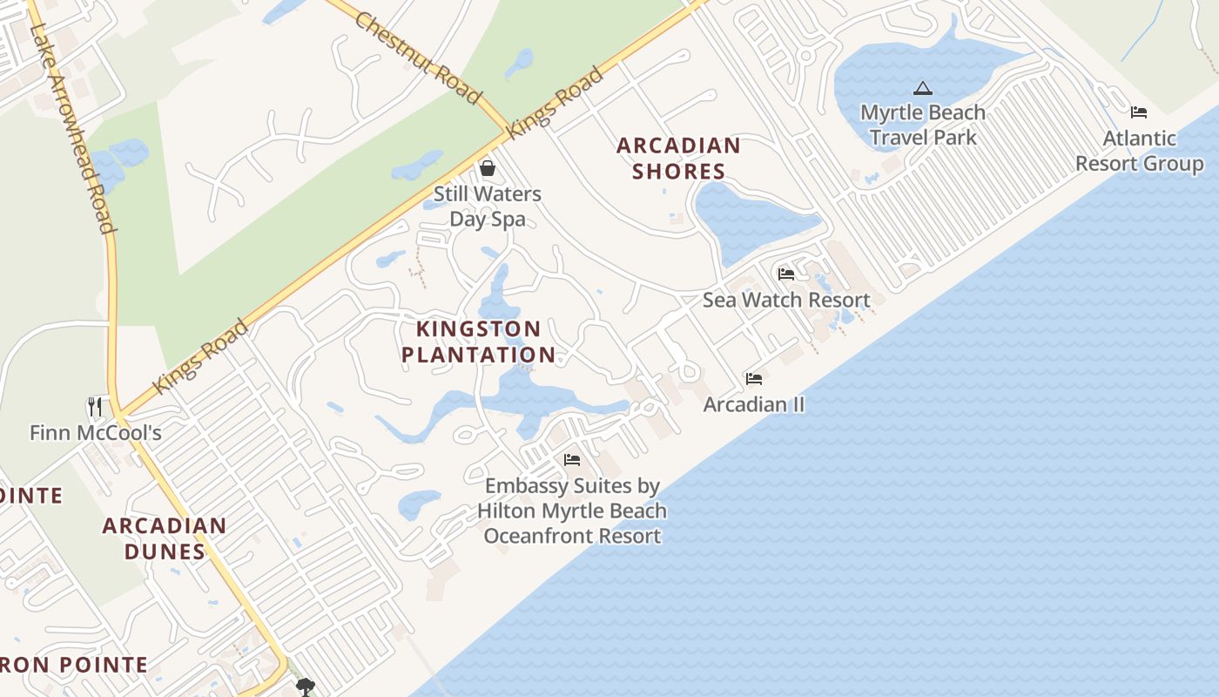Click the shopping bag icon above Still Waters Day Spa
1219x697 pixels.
(x=488, y=167)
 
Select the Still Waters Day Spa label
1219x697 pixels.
(x=488, y=206)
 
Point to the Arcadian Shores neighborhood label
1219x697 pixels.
(x=678, y=159)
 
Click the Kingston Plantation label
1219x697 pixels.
(x=478, y=342)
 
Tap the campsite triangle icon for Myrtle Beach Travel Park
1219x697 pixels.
(x=923, y=88)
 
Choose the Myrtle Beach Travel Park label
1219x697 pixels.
(x=923, y=125)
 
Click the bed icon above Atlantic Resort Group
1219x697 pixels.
(x=1139, y=112)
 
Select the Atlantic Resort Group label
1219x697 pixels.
(x=1139, y=151)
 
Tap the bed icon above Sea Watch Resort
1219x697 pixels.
(x=786, y=274)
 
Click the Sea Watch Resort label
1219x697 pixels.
(x=786, y=300)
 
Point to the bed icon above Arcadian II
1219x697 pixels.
(x=754, y=379)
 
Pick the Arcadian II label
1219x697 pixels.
(x=754, y=404)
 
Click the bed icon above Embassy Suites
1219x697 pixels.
(x=572, y=460)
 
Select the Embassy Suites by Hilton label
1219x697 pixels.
(x=572, y=511)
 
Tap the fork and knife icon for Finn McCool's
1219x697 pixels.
(x=95, y=406)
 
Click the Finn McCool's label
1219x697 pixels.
(x=95, y=432)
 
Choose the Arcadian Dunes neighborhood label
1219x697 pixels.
(x=165, y=538)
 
